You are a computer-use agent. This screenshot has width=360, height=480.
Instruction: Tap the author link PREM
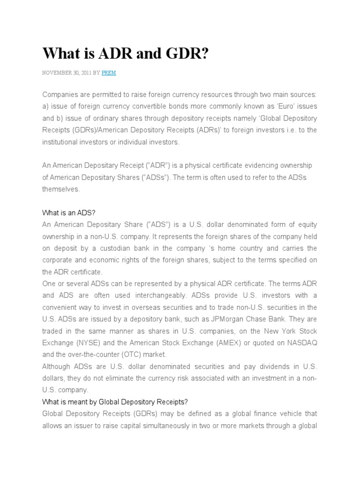(x=109, y=74)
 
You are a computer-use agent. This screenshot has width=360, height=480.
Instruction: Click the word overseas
(x=169, y=307)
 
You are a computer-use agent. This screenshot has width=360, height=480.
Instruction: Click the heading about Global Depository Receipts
(x=115, y=402)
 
